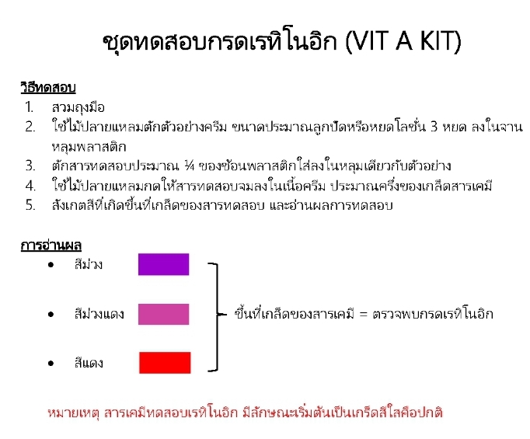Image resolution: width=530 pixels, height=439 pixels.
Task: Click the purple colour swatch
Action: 163,264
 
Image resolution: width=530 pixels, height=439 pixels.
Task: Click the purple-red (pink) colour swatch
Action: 163,314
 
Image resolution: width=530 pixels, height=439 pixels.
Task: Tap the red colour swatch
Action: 165,363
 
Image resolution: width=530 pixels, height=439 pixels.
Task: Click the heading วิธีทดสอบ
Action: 48,87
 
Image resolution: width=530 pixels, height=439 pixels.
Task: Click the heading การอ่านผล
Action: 48,246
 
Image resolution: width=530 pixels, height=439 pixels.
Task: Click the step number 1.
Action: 29,106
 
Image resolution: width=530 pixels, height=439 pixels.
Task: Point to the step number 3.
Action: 30,165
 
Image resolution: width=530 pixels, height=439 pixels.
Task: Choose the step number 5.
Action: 30,206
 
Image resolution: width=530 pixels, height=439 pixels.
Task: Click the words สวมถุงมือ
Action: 78,106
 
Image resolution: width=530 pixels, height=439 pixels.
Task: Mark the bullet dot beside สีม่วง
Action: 51,265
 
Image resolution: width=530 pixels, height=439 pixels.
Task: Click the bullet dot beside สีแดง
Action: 51,363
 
